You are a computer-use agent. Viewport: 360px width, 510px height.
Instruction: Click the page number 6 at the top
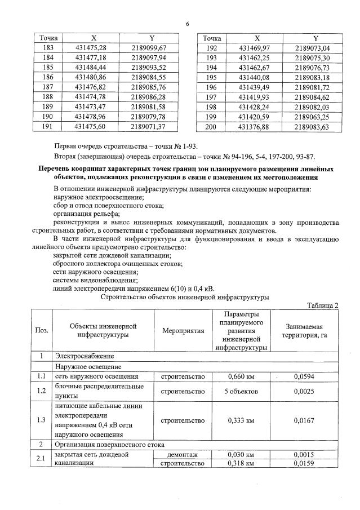(x=186, y=24)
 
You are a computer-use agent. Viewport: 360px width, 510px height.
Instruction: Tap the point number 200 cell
(x=211, y=127)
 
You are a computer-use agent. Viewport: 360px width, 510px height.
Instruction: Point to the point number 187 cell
(x=48, y=87)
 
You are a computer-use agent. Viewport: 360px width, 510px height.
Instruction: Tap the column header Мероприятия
(x=183, y=331)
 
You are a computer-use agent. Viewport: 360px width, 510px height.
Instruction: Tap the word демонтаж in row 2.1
(x=183, y=454)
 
